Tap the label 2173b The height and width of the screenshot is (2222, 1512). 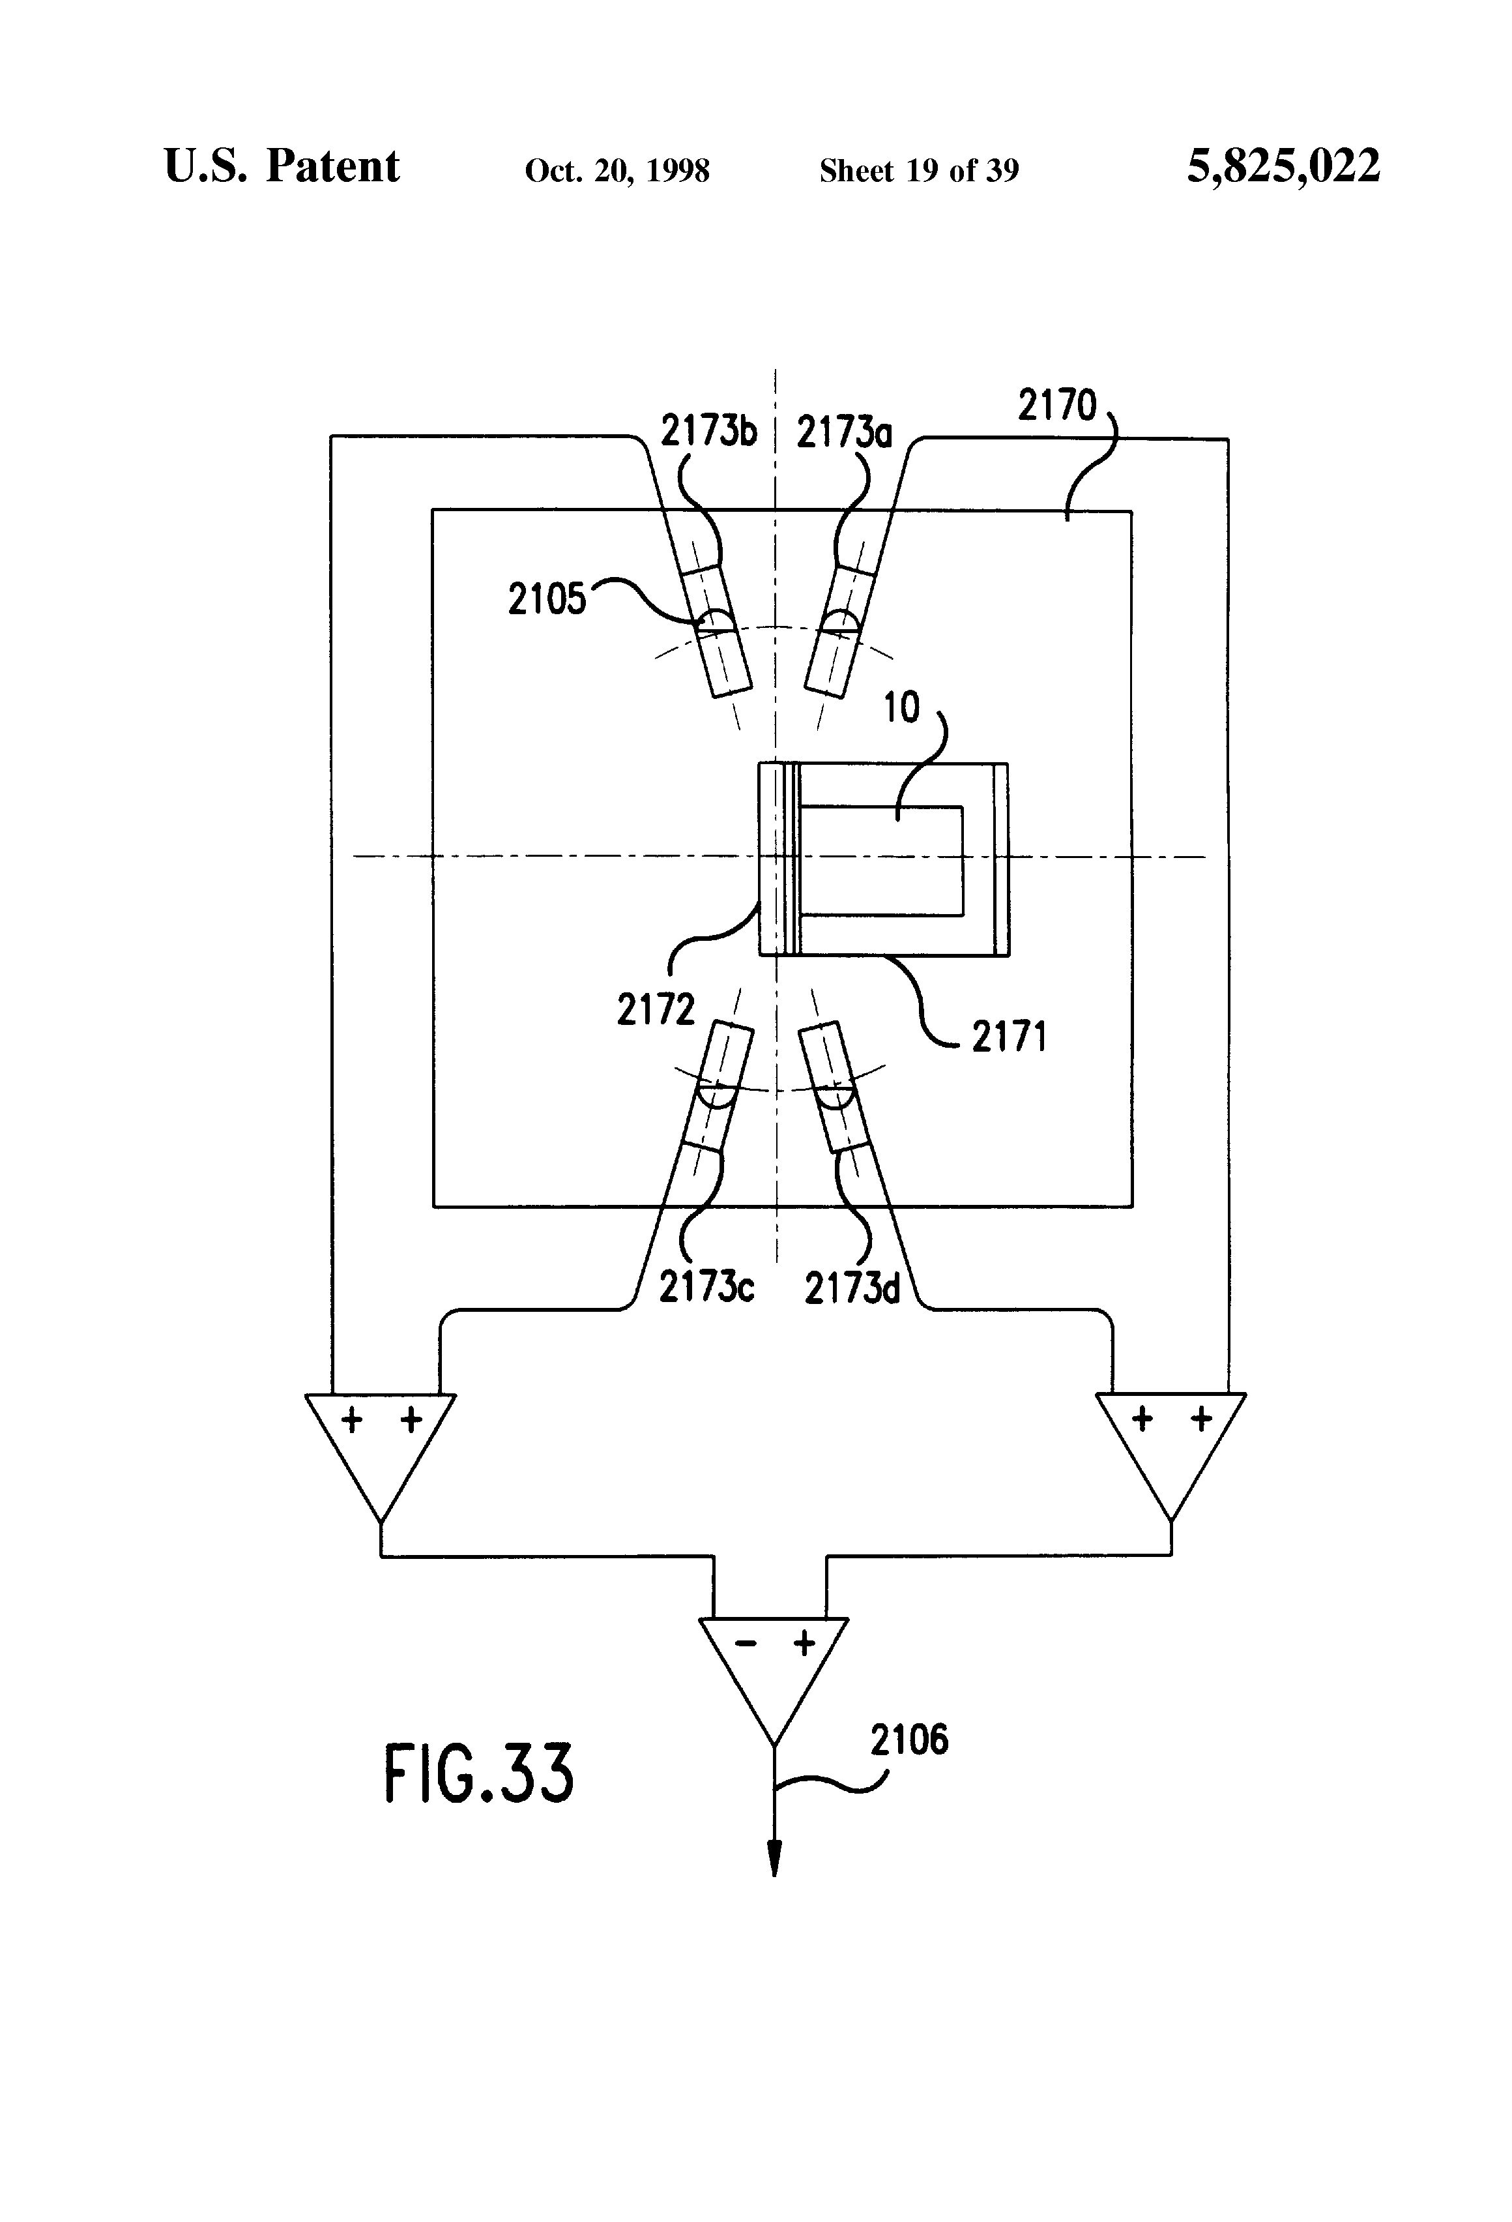[708, 432]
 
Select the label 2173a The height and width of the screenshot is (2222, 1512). [844, 433]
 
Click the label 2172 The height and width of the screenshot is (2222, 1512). [656, 1010]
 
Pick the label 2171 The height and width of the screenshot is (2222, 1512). [1010, 1037]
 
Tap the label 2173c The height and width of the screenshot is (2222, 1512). [706, 1288]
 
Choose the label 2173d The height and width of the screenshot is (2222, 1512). [852, 1289]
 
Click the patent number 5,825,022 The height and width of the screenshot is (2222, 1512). [1283, 166]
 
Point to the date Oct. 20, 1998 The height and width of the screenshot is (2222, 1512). [617, 171]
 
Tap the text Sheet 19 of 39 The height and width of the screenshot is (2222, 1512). [918, 171]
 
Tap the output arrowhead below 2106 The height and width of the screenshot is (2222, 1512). [774, 1858]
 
